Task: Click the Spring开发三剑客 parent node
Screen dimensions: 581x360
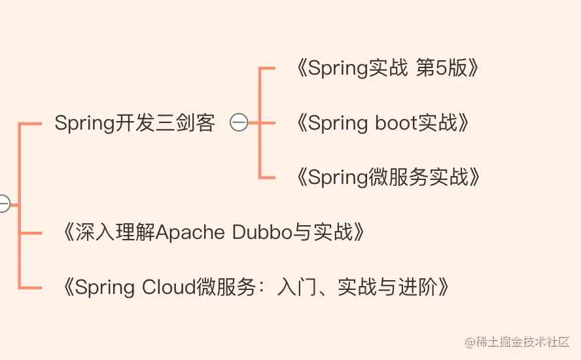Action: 135,122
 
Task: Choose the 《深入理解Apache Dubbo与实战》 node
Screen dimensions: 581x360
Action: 211,232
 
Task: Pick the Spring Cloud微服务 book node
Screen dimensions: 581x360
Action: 255,287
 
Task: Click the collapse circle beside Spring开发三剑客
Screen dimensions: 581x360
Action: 239,122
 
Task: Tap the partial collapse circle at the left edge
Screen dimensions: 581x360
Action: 3,204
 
